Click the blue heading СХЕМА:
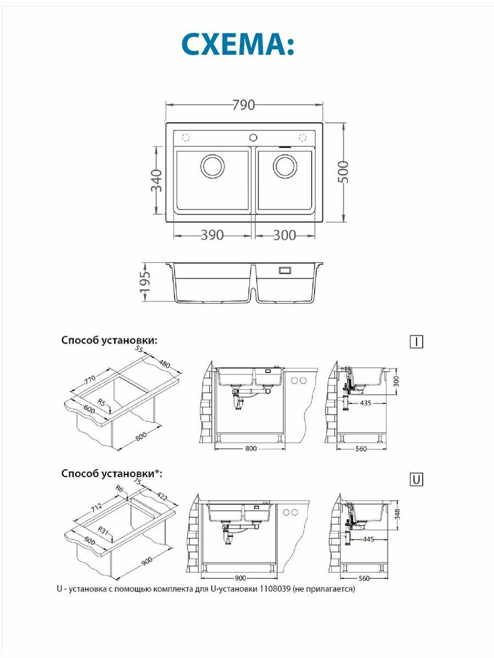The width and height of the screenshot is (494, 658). [238, 46]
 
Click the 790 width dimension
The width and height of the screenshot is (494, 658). [244, 104]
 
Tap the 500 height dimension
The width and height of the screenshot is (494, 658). [343, 172]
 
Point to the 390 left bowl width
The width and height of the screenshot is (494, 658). [212, 235]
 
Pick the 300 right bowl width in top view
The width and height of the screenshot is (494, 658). [284, 235]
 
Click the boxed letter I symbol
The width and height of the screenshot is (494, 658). [417, 342]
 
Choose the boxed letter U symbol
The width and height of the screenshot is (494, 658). [417, 480]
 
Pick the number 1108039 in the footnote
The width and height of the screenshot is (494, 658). [272, 589]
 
